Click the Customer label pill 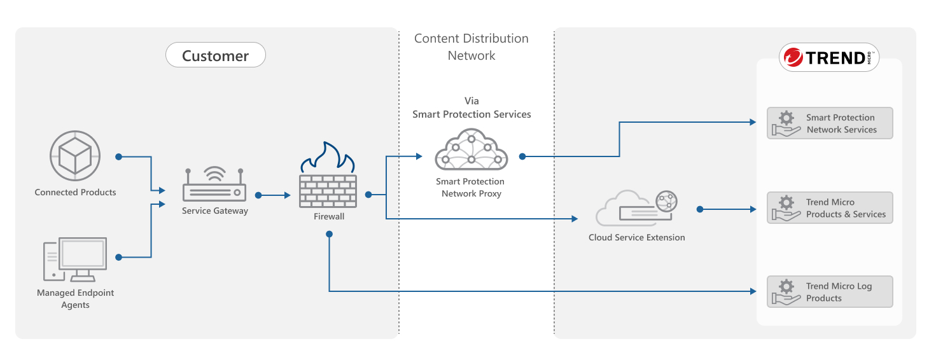215,55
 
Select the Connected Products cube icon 75,155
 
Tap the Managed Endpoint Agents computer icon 75,260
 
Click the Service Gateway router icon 214,185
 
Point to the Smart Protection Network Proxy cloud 471,151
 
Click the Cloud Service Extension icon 636,208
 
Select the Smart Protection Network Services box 830,123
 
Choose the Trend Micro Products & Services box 830,208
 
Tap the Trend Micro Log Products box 830,292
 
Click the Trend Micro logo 829,58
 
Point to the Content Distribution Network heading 471,47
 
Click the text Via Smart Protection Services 471,108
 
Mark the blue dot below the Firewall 329,234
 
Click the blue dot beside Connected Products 118,156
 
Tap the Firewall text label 328,216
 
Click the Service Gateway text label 214,211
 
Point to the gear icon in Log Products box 786,286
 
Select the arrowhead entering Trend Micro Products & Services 753,209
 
